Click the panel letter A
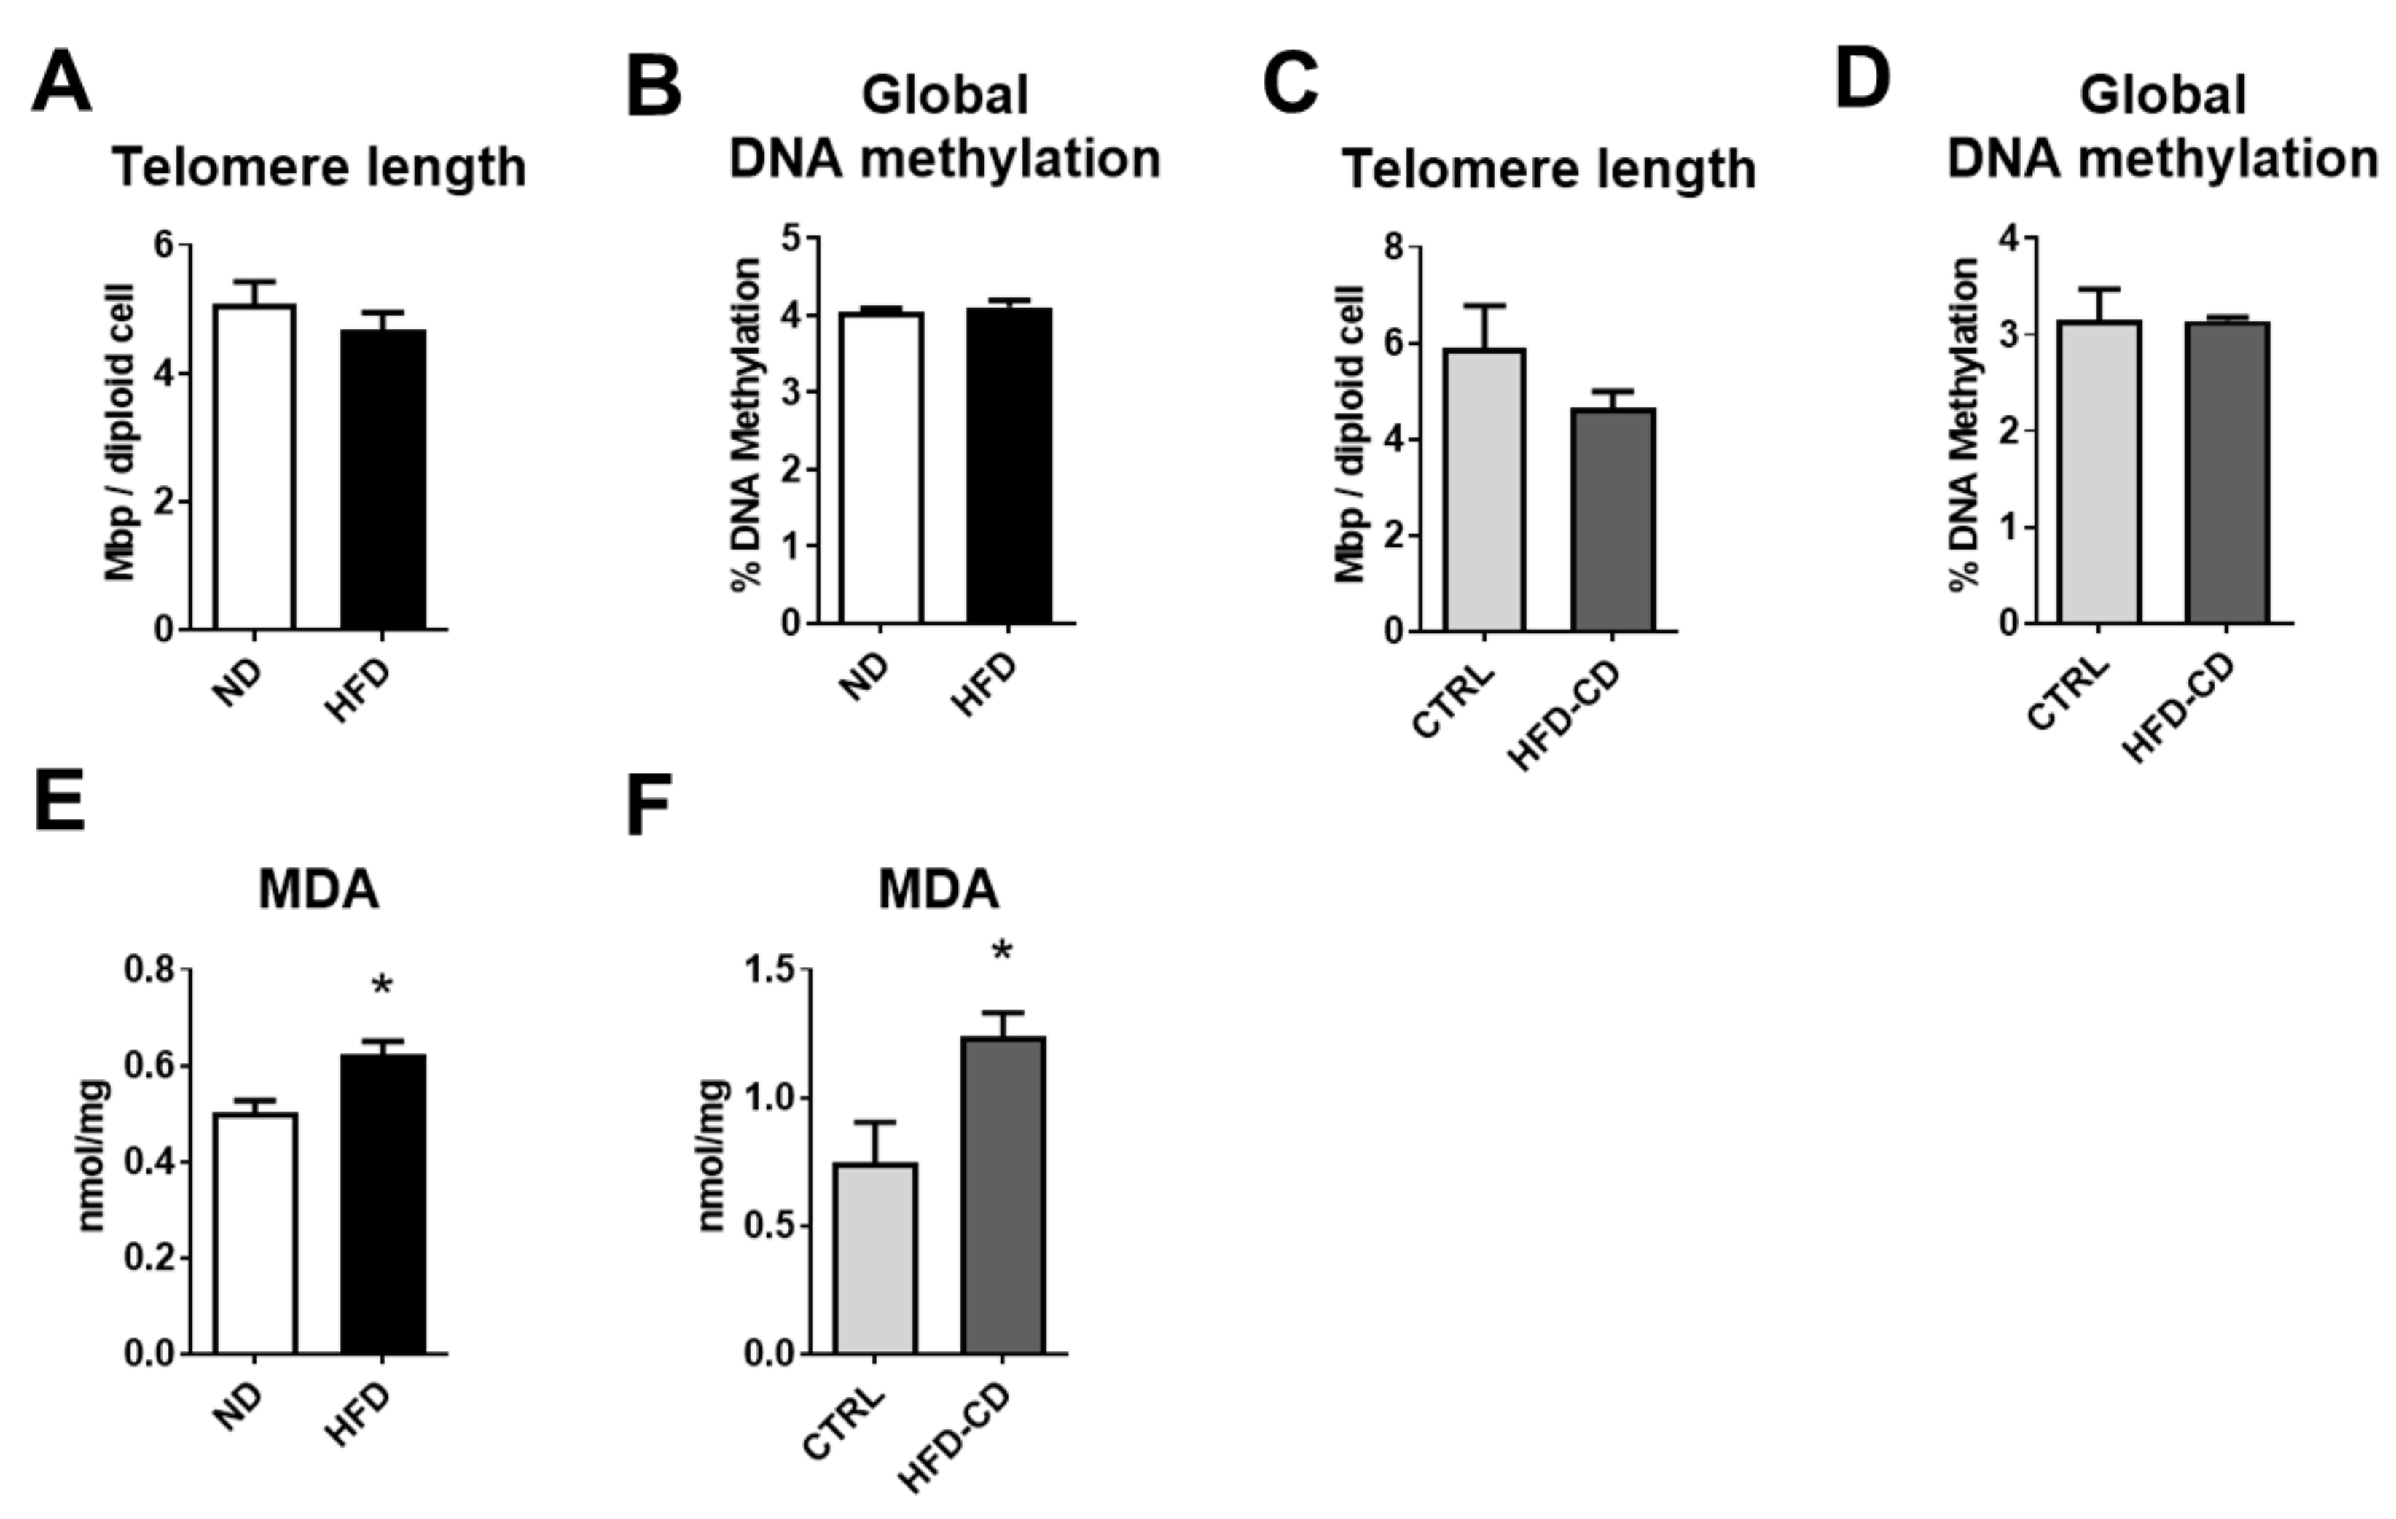[62, 84]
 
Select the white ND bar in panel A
[255, 468]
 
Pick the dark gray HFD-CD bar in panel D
[2227, 473]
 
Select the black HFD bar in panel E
[383, 1203]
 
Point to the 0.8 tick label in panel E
[150, 969]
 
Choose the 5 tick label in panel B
[792, 240]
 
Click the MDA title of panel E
[318, 889]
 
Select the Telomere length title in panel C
[1549, 169]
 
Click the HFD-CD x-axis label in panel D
[2179, 708]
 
